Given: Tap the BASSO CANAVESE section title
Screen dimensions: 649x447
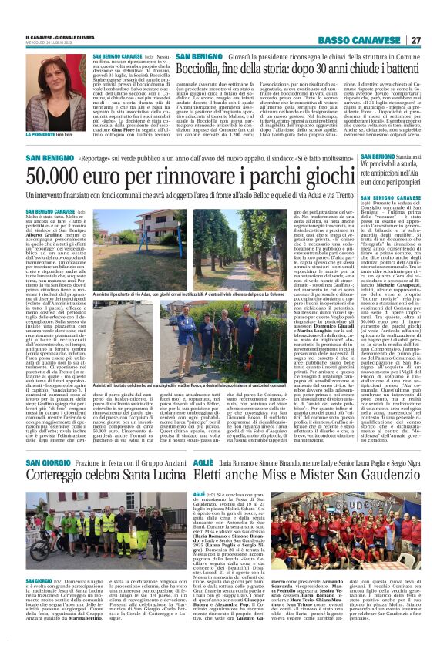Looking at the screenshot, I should coord(361,40).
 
